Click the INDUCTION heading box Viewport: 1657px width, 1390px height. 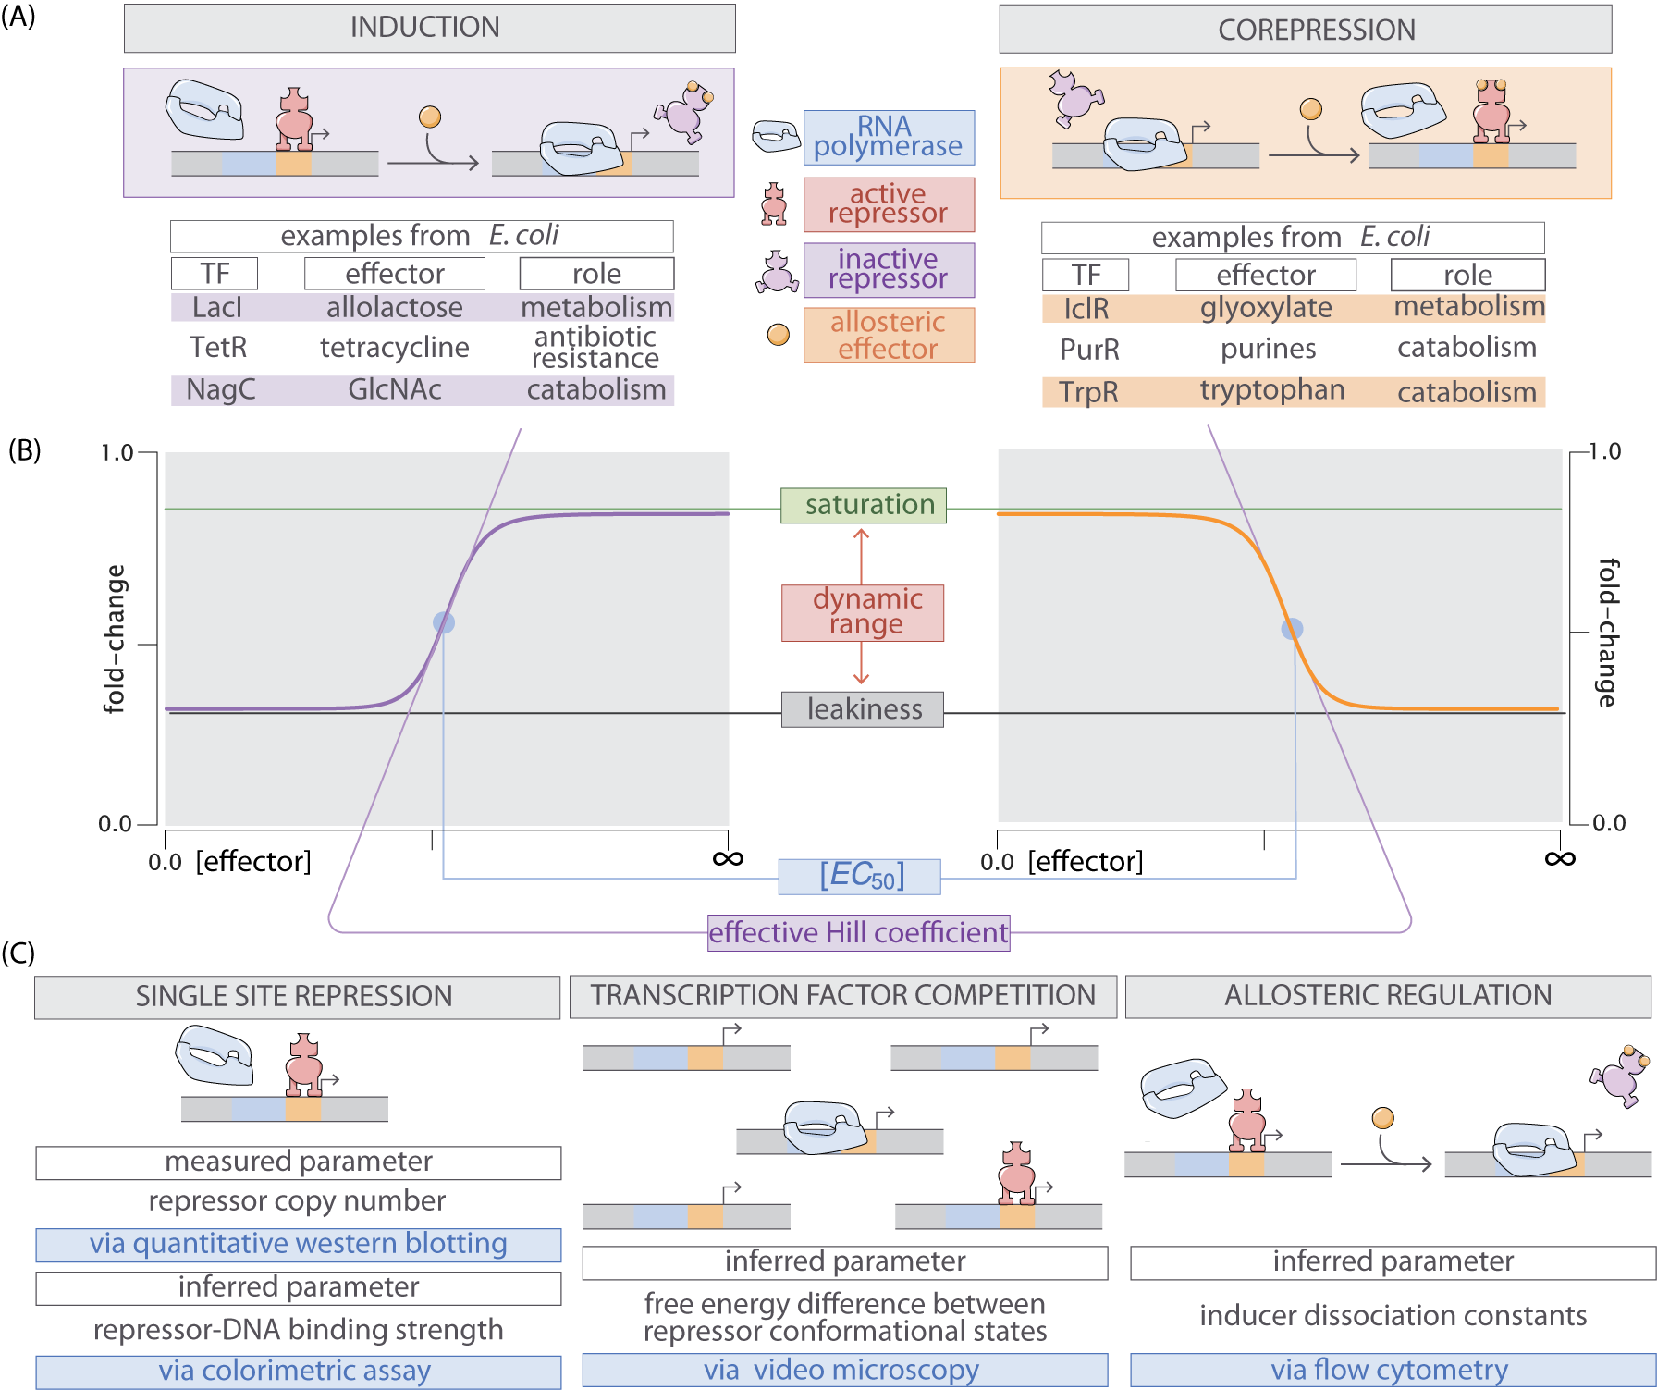429,28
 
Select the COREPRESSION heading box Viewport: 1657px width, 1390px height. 1305,31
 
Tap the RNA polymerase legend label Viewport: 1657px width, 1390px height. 888,137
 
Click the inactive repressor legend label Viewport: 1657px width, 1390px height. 888,269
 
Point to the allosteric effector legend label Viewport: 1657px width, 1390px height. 888,335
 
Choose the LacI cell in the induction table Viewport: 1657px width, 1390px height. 217,307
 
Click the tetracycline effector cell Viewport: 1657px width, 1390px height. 395,348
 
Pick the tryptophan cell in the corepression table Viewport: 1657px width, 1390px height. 1272,390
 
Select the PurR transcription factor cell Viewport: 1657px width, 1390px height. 1089,350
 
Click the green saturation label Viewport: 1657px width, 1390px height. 863,505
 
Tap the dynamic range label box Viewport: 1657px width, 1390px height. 863,612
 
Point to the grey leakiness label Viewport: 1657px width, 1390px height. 863,709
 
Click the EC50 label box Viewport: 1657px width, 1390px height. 859,876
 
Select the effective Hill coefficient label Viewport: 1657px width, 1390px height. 858,932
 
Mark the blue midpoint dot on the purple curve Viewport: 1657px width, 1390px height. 444,622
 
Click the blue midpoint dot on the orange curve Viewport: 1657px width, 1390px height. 1292,629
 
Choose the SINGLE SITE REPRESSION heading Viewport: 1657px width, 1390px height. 297,997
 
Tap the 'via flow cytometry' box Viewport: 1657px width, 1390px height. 1392,1370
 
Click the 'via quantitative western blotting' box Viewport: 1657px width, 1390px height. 298,1245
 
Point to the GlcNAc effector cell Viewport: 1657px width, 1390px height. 395,390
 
